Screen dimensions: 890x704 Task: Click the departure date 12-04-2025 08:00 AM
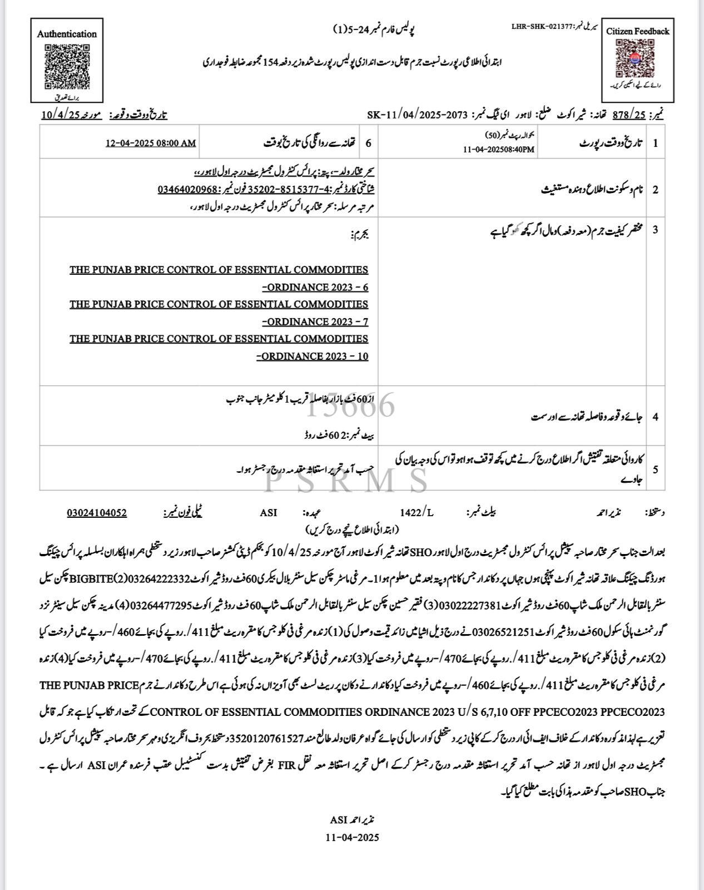coord(151,143)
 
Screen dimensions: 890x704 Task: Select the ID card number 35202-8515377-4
coord(295,189)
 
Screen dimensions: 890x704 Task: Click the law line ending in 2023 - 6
coord(219,279)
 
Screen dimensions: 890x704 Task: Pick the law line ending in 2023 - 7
coord(219,313)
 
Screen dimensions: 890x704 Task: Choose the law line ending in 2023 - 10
coord(219,348)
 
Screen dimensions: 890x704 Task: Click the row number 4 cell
coord(655,416)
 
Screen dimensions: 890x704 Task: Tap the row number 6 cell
coord(368,143)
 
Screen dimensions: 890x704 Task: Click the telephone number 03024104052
coord(97,512)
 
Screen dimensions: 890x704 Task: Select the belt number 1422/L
coord(416,512)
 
